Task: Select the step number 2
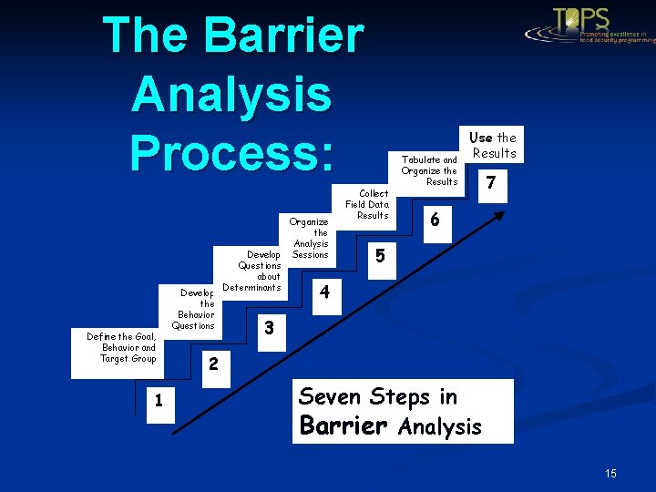(212, 364)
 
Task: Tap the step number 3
(268, 327)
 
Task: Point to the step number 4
(324, 292)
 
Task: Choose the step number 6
(436, 220)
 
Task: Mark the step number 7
(491, 183)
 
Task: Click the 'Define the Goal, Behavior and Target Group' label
(121, 348)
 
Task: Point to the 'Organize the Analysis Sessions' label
(310, 239)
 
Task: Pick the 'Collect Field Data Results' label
(367, 205)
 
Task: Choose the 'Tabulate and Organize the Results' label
(429, 170)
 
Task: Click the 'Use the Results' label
(493, 146)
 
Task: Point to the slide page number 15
(610, 474)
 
